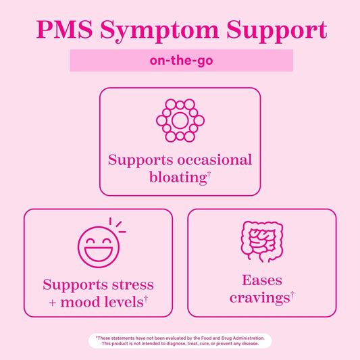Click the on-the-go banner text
pyautogui.click(x=181, y=61)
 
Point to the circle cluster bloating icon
pyautogui.click(x=180, y=121)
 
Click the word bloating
pyautogui.click(x=176, y=178)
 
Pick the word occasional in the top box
pyautogui.click(x=215, y=160)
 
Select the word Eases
pyautogui.click(x=261, y=280)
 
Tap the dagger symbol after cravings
pyautogui.click(x=292, y=294)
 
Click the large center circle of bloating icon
pyautogui.click(x=180, y=121)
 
